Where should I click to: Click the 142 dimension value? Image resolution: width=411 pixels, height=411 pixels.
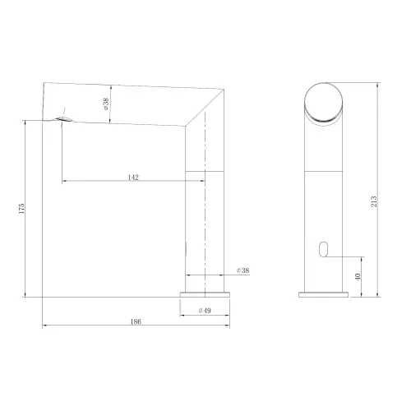pyautogui.click(x=132, y=175)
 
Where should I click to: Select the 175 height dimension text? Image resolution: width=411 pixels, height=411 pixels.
pyautogui.click(x=22, y=209)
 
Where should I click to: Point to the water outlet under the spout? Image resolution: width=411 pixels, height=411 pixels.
pyautogui.click(x=66, y=121)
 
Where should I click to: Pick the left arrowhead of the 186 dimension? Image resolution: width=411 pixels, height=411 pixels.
pyautogui.click(x=44, y=327)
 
